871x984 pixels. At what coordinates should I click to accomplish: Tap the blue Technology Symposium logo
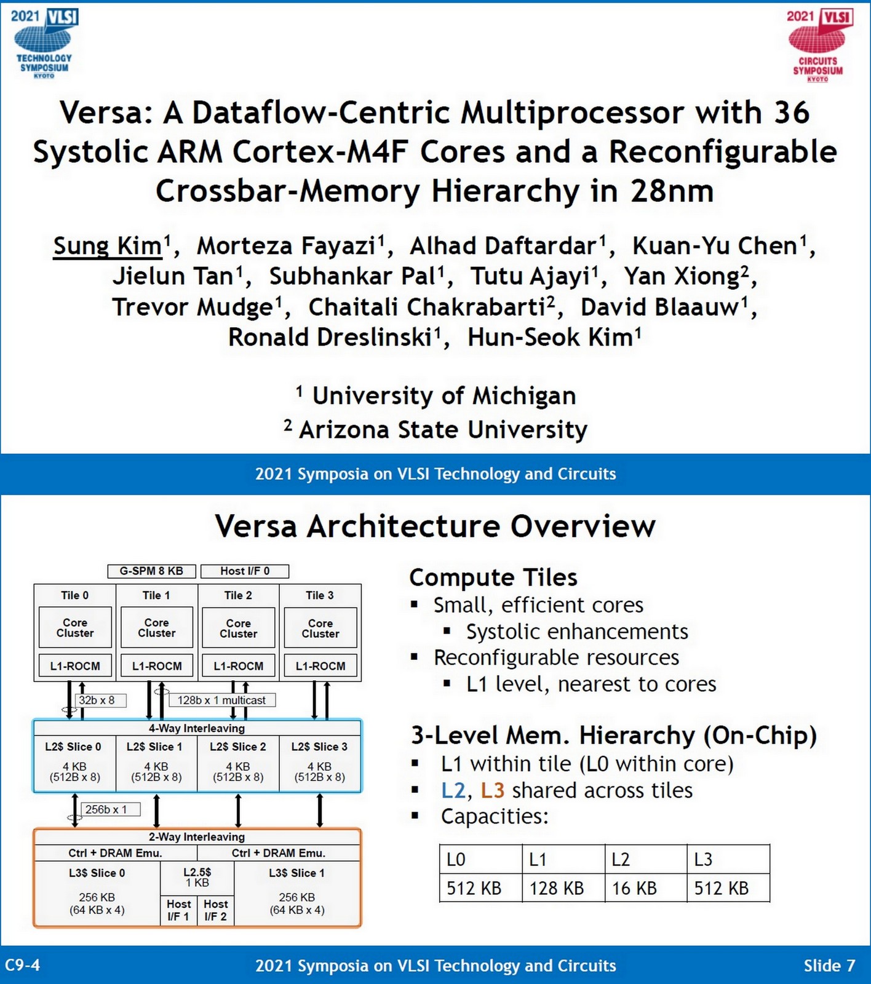click(44, 42)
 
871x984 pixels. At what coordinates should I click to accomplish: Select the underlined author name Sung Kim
click(107, 246)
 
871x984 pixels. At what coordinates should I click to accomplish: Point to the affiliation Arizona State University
click(443, 429)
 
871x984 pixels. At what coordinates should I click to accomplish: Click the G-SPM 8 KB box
click(151, 571)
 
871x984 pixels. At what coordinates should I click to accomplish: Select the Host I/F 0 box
click(245, 571)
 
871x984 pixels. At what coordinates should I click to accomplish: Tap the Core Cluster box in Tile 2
click(238, 628)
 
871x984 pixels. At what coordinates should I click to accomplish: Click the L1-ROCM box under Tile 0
click(75, 665)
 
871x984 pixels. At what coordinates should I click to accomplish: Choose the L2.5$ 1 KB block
click(197, 878)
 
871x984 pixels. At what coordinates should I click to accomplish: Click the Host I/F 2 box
click(215, 910)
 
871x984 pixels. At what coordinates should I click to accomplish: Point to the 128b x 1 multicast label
click(221, 700)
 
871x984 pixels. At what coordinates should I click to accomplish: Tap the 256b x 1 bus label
click(106, 809)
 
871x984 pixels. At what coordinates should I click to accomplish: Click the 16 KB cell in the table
click(634, 888)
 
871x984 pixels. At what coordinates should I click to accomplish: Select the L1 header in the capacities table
click(538, 859)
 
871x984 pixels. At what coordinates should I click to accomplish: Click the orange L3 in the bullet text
click(493, 790)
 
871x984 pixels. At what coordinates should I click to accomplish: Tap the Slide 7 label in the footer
click(829, 966)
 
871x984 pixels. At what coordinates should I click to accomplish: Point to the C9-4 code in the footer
click(23, 965)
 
